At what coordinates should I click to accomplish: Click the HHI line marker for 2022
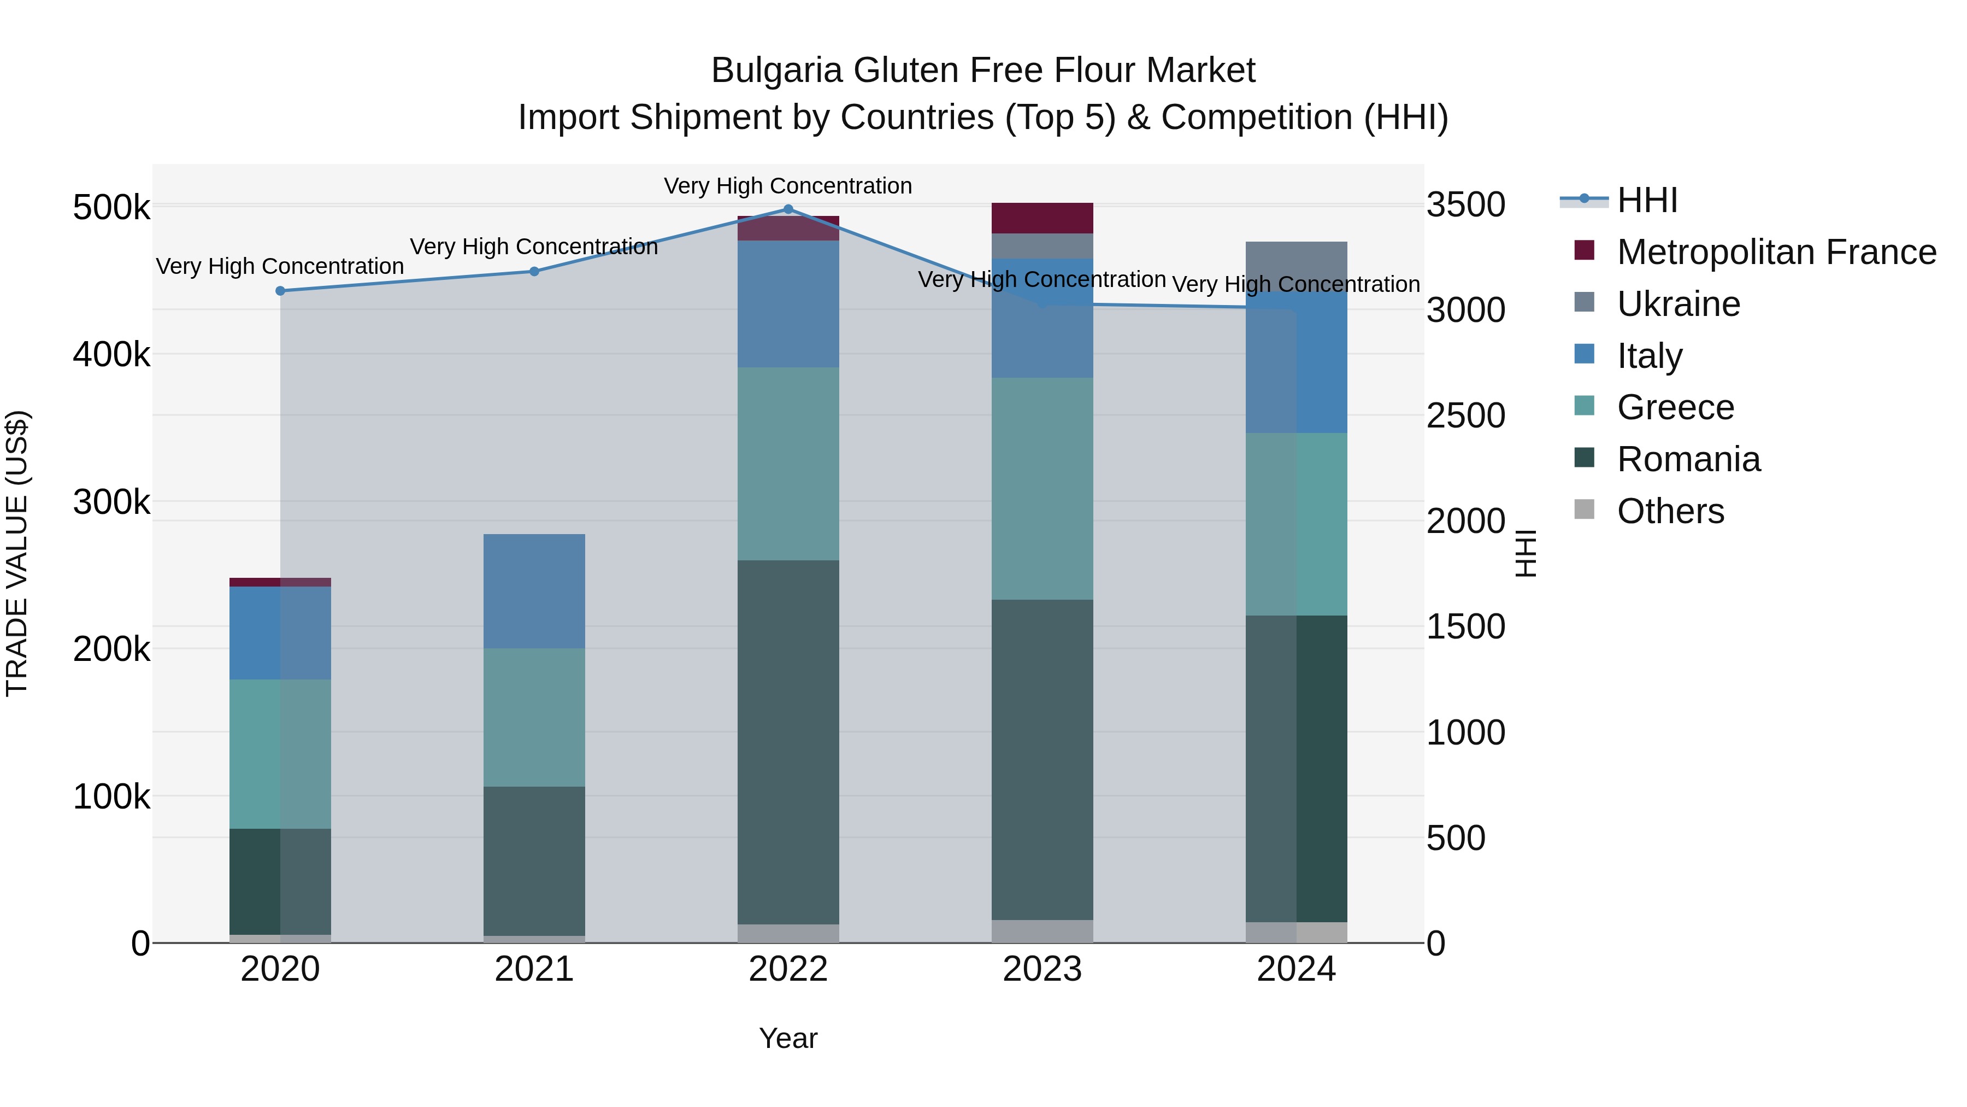coord(788,209)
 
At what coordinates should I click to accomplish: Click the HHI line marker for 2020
coord(280,291)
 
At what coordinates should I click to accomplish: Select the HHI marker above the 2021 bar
coord(534,271)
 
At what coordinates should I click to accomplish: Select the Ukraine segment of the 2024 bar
coord(1296,265)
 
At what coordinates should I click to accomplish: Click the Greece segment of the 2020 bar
coord(280,753)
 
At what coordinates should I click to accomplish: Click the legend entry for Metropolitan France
coord(1776,252)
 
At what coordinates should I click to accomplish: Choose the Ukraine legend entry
coord(1679,304)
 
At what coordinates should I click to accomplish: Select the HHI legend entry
coord(1646,200)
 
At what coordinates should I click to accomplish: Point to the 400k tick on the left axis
coord(111,354)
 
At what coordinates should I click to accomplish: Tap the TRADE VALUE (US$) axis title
coord(17,553)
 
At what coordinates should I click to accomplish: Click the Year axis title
coord(788,1038)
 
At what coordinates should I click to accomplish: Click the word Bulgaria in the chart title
coord(776,71)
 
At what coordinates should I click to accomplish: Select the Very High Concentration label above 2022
coord(788,186)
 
